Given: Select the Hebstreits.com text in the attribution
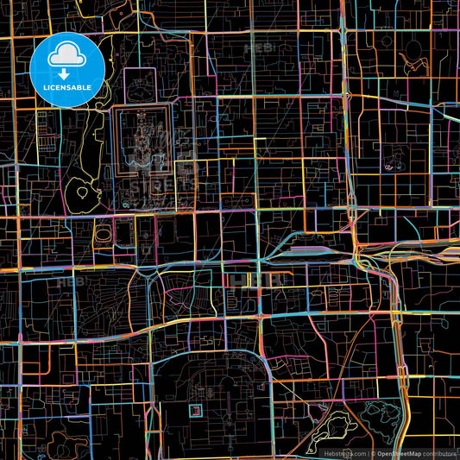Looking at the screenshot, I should [x=344, y=453].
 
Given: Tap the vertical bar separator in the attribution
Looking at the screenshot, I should [x=368, y=453].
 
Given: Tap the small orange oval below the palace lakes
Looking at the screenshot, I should [x=103, y=233].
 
